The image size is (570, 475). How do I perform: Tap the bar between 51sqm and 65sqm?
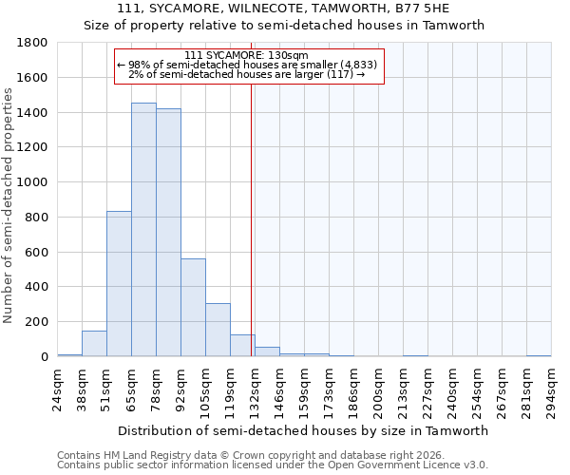(119, 284)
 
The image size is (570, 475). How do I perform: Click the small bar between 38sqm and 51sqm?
(94, 344)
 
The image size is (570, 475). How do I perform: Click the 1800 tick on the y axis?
(33, 43)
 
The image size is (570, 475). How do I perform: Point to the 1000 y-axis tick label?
(33, 182)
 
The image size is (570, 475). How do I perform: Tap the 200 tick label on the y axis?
(37, 322)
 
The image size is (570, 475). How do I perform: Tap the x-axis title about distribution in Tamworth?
(303, 430)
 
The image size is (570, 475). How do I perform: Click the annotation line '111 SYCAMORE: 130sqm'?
(247, 56)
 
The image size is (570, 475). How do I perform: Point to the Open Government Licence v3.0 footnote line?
(273, 465)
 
